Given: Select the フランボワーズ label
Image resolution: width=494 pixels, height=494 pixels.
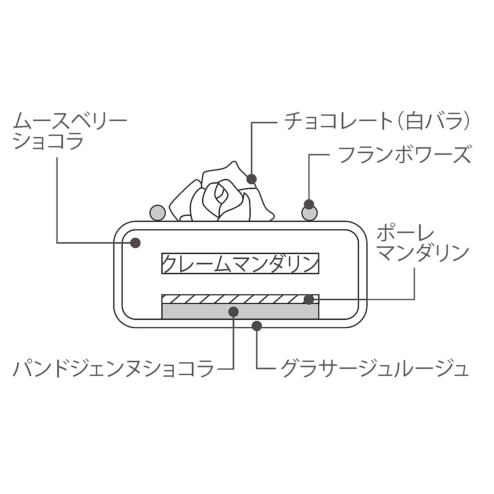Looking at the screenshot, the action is tap(405, 155).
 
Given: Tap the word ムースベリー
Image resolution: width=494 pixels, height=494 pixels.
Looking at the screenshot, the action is tap(70, 121).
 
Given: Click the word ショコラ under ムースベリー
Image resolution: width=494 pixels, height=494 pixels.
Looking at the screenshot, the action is tap(49, 141).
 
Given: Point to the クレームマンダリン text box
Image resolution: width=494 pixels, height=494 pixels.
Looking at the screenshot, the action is tap(240, 263).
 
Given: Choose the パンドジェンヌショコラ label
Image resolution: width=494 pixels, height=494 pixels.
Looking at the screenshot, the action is tap(113, 368).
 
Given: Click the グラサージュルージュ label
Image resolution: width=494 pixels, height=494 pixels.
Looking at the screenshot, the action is tap(375, 368).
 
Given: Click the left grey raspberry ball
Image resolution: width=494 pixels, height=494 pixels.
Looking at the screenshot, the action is tap(157, 212).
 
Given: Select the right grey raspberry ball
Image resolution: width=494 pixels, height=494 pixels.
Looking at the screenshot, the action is tap(310, 213).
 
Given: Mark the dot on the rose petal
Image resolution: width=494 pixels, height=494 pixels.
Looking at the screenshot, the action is tap(251, 179).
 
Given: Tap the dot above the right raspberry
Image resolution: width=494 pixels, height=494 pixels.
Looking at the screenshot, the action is tap(309, 204).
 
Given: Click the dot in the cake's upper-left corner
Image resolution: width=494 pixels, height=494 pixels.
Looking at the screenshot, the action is tap(135, 242).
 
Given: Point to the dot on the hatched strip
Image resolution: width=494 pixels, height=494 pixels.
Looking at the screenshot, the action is tap(309, 299).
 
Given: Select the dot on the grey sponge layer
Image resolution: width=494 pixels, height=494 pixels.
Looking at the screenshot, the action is tap(233, 312).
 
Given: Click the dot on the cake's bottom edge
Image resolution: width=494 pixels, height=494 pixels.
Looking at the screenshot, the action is tap(256, 326).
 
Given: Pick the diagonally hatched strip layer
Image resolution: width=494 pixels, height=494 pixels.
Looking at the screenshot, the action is tap(240, 299).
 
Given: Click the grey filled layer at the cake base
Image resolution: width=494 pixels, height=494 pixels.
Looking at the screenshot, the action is tap(240, 311).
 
